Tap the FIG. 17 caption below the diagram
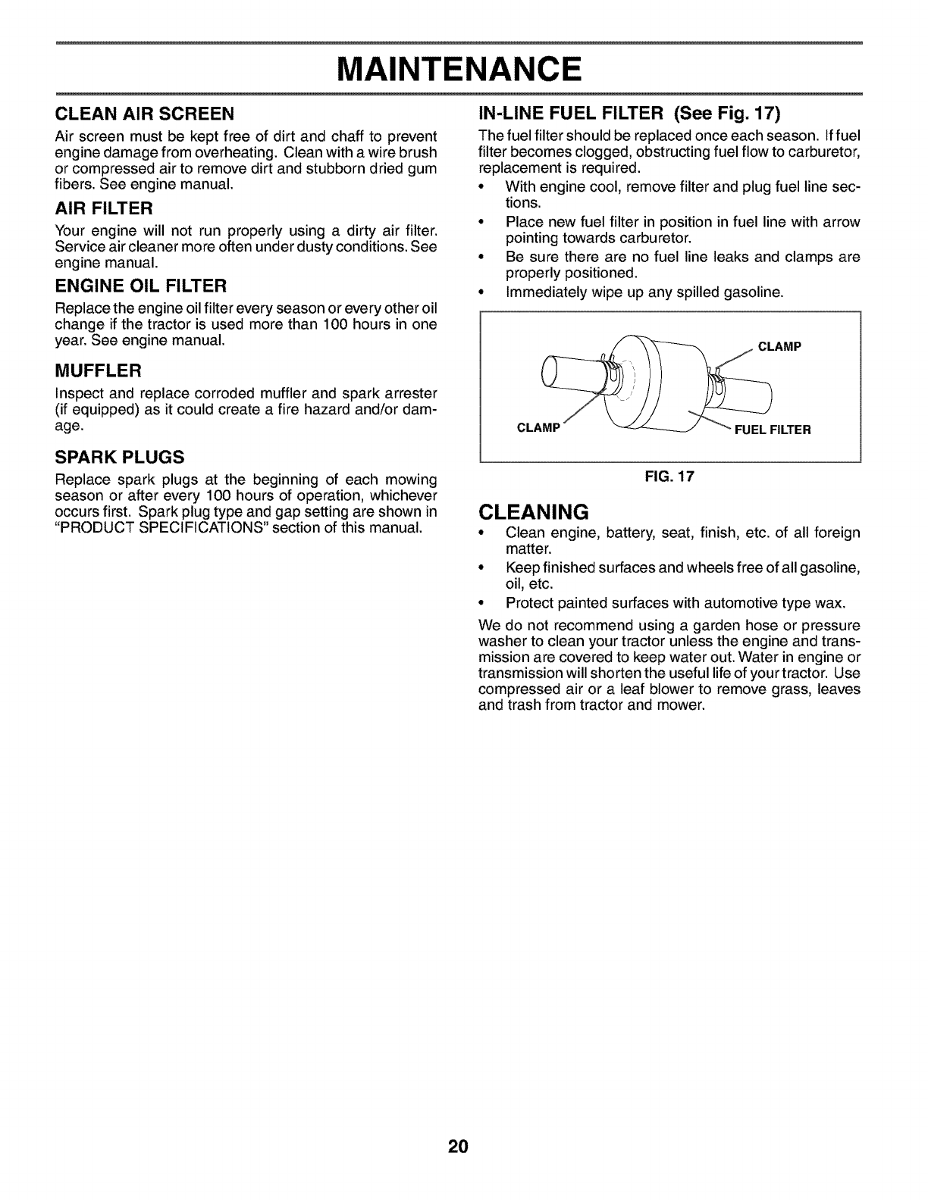[x=669, y=477]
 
